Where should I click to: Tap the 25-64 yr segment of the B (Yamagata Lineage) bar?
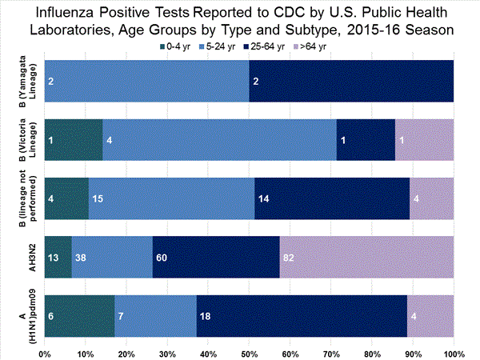point(351,81)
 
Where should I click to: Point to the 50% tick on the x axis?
point(249,352)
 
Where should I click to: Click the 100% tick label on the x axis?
point(454,352)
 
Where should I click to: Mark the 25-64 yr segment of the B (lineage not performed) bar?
point(331,198)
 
